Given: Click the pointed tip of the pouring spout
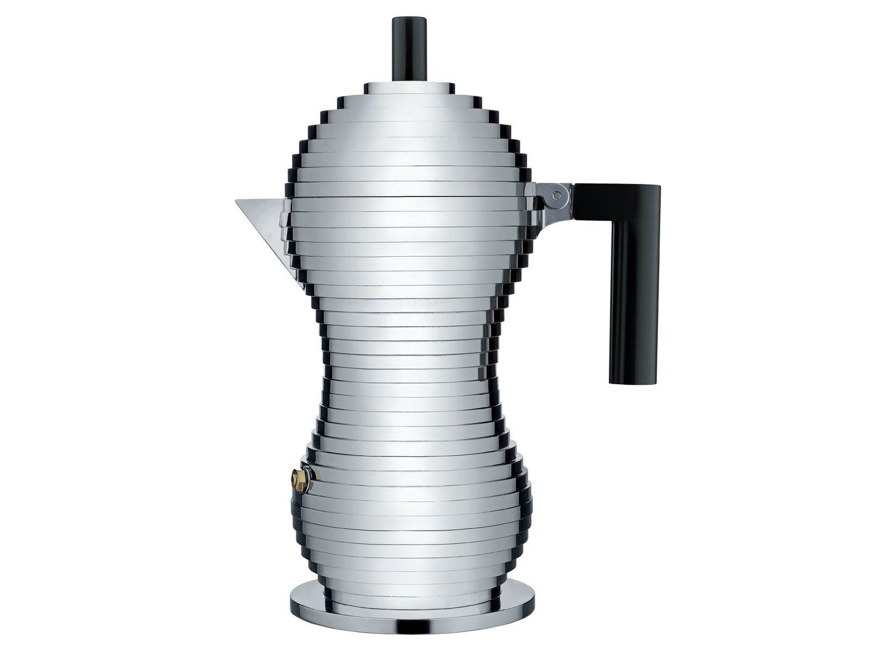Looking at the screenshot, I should (x=237, y=201).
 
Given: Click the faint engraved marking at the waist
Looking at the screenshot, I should (x=430, y=300).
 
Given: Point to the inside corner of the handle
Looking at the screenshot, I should (x=611, y=215).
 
